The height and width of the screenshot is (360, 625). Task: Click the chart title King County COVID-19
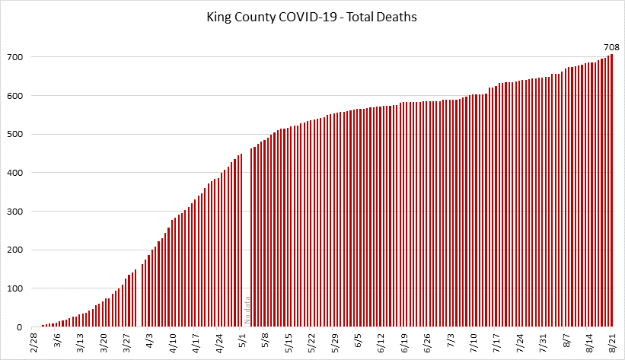click(x=312, y=16)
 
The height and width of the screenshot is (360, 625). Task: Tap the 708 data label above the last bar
click(x=611, y=47)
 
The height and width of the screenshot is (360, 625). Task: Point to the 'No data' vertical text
click(x=247, y=311)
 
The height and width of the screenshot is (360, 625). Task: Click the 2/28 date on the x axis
click(x=35, y=342)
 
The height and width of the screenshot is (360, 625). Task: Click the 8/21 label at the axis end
click(x=613, y=342)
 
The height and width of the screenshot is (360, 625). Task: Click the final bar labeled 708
click(x=611, y=190)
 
